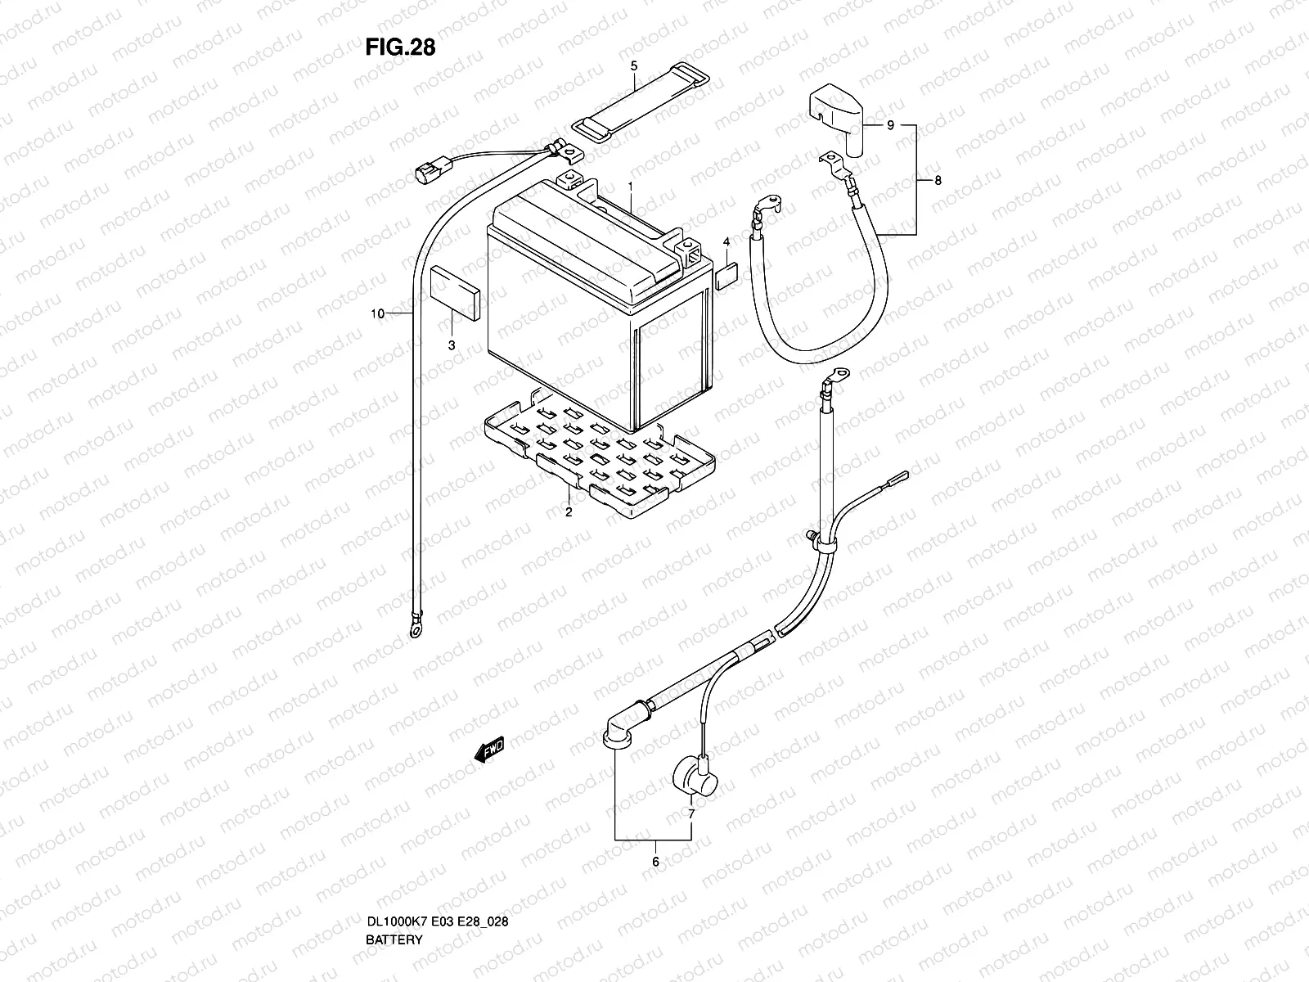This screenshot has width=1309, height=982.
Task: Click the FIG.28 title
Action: (x=400, y=47)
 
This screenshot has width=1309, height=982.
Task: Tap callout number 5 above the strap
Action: (x=633, y=63)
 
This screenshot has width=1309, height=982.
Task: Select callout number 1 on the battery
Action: (x=631, y=186)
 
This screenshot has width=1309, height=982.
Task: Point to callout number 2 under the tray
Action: (x=568, y=513)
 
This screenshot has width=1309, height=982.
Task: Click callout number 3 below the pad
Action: (x=451, y=346)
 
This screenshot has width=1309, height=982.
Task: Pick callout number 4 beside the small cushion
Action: (x=725, y=242)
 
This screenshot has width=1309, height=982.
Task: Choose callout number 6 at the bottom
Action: (x=654, y=861)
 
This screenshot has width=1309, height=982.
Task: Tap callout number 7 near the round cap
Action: (x=691, y=814)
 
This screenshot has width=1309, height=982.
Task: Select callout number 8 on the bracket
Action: (x=938, y=181)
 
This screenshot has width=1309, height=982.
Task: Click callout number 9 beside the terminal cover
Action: (x=891, y=125)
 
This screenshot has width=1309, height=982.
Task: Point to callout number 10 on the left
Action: (x=377, y=313)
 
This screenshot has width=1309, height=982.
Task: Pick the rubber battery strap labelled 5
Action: (x=641, y=102)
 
